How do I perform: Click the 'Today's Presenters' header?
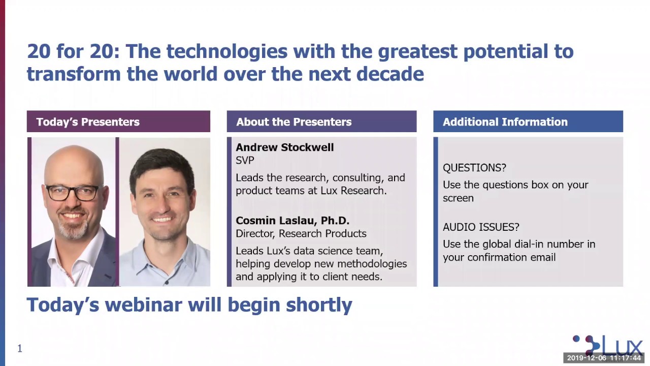87,122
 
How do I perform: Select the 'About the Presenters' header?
294,122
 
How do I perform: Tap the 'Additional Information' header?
505,122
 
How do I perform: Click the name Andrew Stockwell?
284,147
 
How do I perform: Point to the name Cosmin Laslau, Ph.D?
292,221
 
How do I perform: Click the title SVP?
245,160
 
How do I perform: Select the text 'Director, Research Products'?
301,234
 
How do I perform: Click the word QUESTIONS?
474,168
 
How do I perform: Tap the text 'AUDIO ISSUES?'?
480,227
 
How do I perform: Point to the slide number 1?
20,348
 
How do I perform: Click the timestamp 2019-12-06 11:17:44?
604,358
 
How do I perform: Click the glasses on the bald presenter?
72,193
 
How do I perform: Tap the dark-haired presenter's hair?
161,163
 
